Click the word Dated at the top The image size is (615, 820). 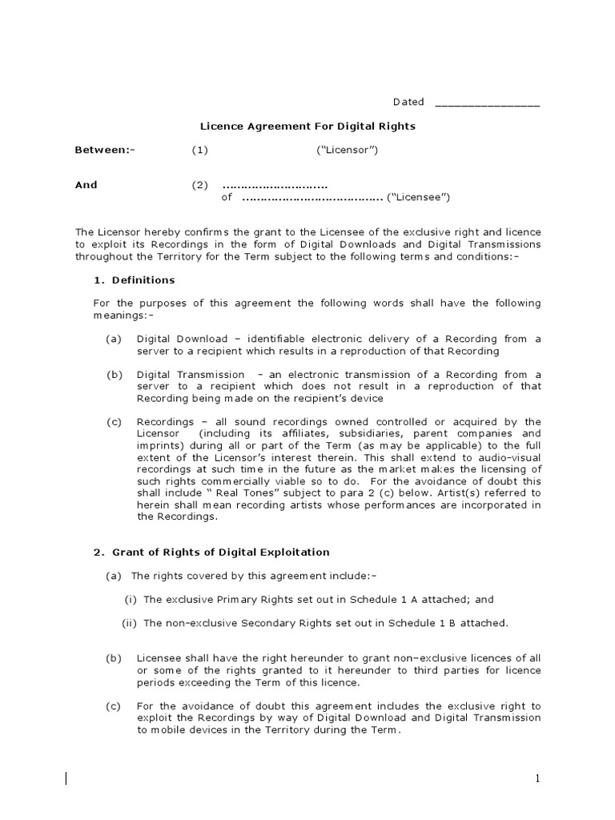408,102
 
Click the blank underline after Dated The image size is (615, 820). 487,105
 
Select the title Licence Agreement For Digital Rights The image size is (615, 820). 307,127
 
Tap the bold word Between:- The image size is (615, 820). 105,150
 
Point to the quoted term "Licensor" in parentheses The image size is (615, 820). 347,150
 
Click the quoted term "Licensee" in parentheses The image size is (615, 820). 418,197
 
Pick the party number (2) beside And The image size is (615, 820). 199,185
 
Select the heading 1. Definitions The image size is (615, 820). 134,280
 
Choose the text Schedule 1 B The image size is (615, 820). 448,623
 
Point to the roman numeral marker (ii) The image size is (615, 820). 130,623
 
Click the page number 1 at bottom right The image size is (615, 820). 539,778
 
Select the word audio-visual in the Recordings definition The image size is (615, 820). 509,456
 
